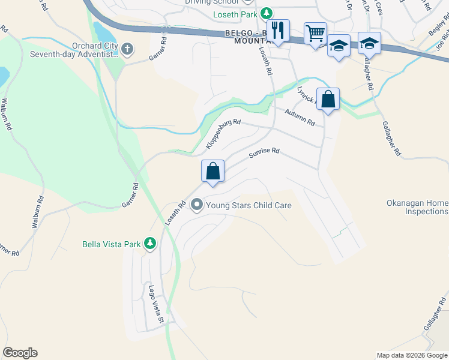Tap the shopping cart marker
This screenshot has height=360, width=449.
(x=315, y=33)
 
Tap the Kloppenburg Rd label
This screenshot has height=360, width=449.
(x=223, y=134)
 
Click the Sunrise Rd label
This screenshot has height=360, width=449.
(x=265, y=154)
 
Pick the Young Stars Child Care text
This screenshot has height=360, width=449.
(x=249, y=205)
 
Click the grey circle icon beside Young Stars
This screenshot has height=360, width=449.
(x=196, y=205)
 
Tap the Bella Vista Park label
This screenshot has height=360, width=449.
(x=111, y=244)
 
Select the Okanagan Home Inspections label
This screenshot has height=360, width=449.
(x=417, y=207)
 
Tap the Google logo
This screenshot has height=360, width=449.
(x=20, y=353)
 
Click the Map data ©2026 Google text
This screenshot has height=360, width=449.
(x=411, y=355)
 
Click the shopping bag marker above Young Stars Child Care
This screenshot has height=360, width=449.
(x=212, y=172)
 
